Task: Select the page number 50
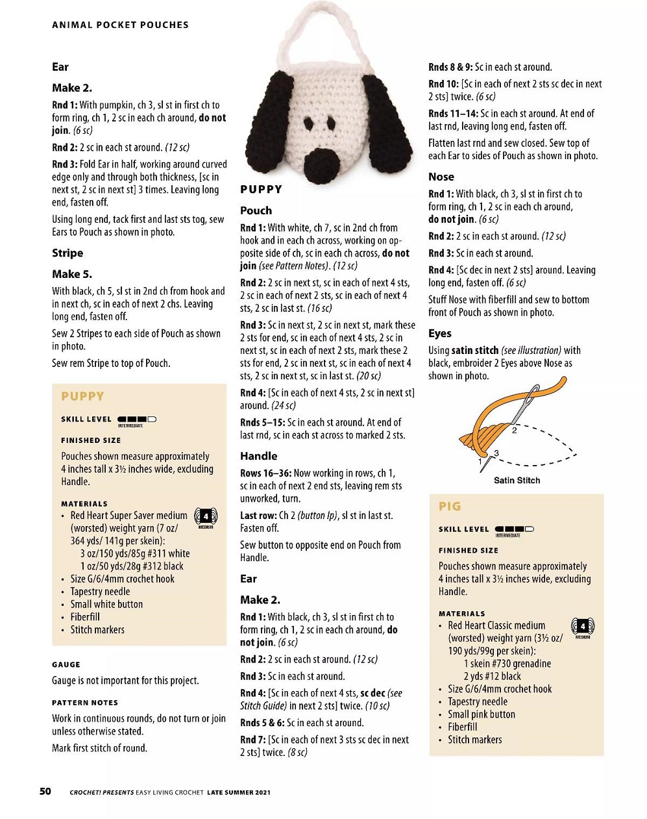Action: pyautogui.click(x=45, y=791)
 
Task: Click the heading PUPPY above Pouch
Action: pyautogui.click(x=261, y=190)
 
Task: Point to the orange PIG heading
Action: pyautogui.click(x=450, y=506)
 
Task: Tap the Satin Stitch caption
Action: pyautogui.click(x=517, y=481)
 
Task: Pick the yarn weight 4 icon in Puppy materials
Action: pyautogui.click(x=206, y=517)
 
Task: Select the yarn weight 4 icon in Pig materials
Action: pyautogui.click(x=582, y=627)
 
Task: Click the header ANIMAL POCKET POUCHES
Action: pyautogui.click(x=120, y=25)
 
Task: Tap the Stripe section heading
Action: pyautogui.click(x=67, y=253)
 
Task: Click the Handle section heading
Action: pyautogui.click(x=258, y=456)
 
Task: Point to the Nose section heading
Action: pyautogui.click(x=441, y=177)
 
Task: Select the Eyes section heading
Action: pyautogui.click(x=440, y=333)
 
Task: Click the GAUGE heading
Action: pyautogui.click(x=66, y=664)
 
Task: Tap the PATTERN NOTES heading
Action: pyautogui.click(x=85, y=703)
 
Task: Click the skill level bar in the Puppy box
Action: pyautogui.click(x=137, y=420)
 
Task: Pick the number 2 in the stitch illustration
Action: pyautogui.click(x=514, y=430)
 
